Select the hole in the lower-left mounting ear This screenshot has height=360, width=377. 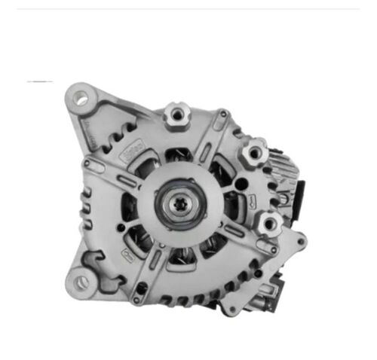coord(81,282)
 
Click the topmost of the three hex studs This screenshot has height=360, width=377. coord(176,115)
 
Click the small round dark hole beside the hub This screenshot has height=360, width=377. coord(240,184)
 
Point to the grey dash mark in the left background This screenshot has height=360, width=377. coord(39,81)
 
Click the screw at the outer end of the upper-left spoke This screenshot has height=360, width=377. coord(88,163)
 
